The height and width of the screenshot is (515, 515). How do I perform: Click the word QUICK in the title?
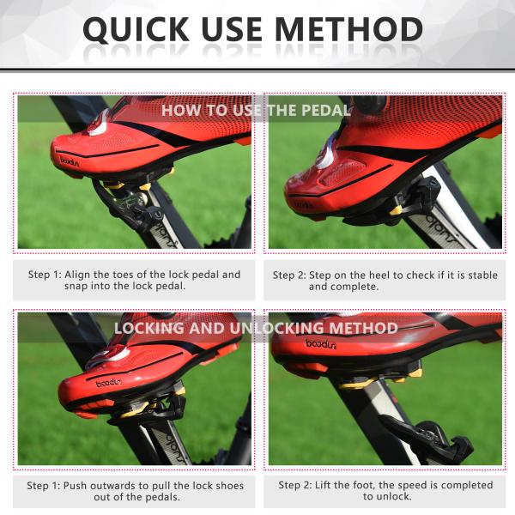[136, 29]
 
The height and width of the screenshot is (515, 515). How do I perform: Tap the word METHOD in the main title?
[348, 29]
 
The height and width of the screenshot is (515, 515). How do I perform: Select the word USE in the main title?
[232, 29]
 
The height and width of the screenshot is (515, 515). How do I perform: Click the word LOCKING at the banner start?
[148, 328]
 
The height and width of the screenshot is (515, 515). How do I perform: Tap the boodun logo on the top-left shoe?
[70, 161]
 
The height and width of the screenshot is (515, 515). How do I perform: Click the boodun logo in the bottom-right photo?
[321, 344]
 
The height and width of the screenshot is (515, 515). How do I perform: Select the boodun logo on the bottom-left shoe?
[109, 383]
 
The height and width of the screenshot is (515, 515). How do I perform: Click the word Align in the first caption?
[77, 275]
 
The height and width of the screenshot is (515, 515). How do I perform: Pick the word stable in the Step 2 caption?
[483, 275]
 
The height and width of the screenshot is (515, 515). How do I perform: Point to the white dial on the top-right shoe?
[325, 154]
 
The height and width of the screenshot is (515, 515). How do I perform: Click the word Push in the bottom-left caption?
[75, 486]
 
